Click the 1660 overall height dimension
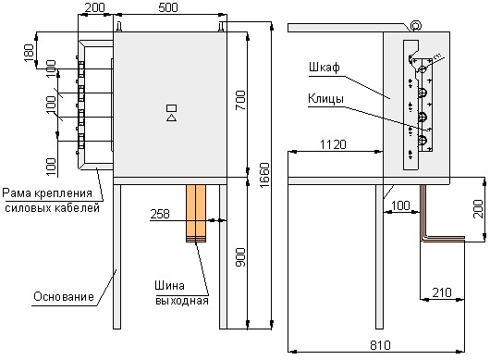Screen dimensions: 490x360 coord(264,175)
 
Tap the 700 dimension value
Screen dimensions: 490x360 coord(240,100)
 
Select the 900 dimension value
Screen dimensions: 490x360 coord(240,257)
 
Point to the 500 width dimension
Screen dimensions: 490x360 coord(168,7)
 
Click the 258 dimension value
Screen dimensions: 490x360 coord(160,214)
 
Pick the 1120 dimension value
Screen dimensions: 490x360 coord(333,144)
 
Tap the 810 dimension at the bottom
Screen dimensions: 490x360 coord(380,345)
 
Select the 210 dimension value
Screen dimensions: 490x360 coord(442,292)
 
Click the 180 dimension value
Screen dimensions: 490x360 coord(29,53)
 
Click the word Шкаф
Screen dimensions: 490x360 coord(325,68)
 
